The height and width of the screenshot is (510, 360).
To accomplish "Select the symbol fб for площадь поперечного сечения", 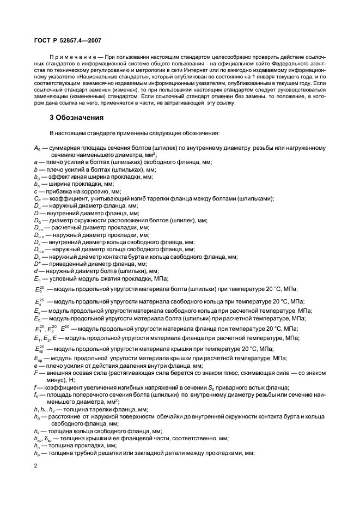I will coord(36,394).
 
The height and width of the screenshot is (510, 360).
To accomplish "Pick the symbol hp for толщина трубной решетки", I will coord(36,452).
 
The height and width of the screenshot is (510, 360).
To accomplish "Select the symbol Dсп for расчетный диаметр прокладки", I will coord(38,227).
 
